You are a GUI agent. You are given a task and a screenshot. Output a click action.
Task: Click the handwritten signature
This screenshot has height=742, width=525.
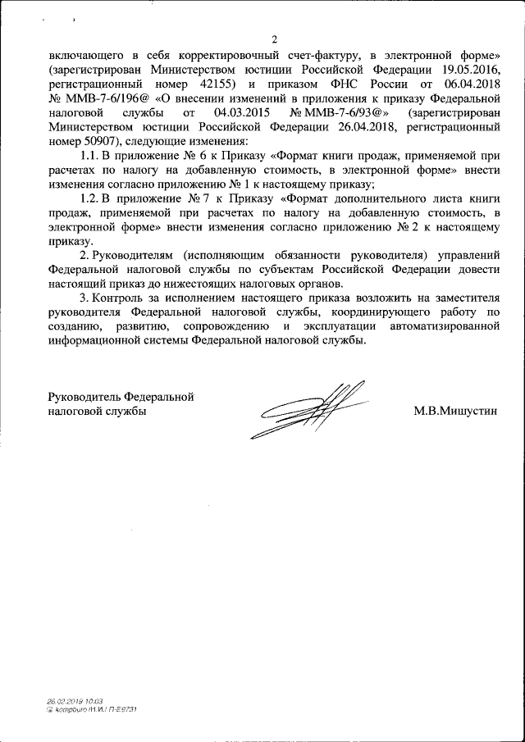click(x=312, y=407)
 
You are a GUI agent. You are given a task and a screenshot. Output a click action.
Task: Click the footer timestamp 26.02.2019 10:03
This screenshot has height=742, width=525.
click(x=75, y=701)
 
